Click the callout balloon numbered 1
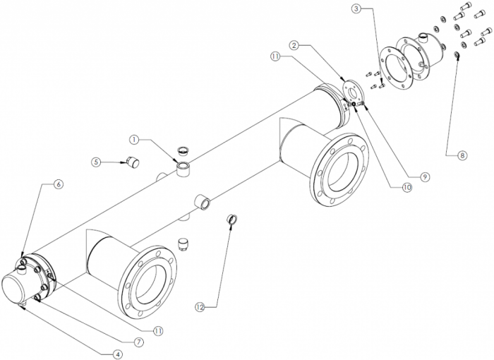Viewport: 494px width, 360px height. coord(135,140)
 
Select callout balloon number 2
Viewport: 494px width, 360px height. coord(294,45)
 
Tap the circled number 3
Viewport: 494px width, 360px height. coord(356,9)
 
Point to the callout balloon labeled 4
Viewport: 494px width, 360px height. coord(118,354)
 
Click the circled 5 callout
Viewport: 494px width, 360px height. coord(96,162)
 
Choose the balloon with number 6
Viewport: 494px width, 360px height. coord(59,184)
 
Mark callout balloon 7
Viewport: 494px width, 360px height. coord(138,342)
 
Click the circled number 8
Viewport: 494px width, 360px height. coord(462,155)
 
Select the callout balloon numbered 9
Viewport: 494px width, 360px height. coord(424,177)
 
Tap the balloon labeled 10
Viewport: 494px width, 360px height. coord(406,188)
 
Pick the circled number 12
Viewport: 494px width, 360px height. coord(200,307)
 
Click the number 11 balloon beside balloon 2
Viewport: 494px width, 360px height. coord(275,56)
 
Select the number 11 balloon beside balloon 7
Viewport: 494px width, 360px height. coord(158,330)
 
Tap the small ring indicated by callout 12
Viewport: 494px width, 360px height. coord(232,219)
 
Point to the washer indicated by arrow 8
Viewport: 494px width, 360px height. coord(456,55)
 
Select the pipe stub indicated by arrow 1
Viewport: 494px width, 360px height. coord(182,169)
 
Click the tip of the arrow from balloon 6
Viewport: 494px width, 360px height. coord(22,257)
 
